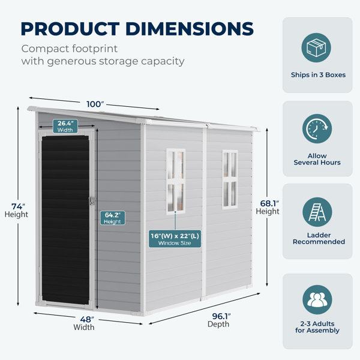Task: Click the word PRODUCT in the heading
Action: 70,29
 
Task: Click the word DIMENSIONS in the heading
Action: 190,29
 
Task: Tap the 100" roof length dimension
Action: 95,104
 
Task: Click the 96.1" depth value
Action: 221,316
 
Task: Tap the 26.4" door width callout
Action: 65,126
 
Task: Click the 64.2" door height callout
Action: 113,218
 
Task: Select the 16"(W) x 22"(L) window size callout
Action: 175,239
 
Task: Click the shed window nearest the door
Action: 176,181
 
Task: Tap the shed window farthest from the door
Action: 230,179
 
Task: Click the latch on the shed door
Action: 92,201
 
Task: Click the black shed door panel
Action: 65,220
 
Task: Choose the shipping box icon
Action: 316,47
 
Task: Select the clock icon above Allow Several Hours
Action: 317,128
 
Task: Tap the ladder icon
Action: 317,212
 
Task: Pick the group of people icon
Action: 317,299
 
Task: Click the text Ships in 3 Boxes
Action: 318,75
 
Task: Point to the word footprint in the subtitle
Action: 95,49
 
